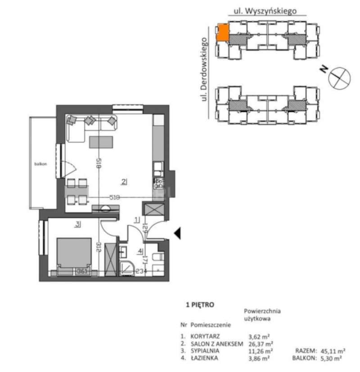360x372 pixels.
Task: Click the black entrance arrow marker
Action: [177, 233]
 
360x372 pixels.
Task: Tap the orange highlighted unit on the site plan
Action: [222, 33]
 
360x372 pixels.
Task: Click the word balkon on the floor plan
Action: [40, 164]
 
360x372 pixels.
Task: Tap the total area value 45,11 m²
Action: [333, 351]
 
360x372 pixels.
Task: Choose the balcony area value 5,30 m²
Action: [331, 358]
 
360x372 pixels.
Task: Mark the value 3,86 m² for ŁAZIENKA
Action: [260, 358]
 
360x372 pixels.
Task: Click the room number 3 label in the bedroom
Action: [78, 223]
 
